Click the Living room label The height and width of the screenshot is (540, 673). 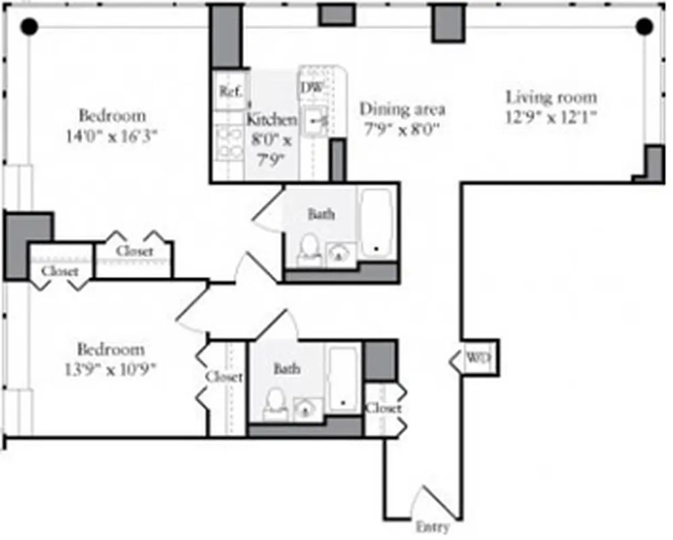pos(551,97)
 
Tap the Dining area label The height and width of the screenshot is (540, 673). pos(402,109)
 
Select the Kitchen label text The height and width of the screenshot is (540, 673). pos(271,120)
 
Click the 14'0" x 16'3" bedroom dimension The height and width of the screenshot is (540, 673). pos(112,134)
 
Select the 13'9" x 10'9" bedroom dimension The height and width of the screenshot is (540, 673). pos(111,370)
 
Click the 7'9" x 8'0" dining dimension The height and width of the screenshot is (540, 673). pos(402,128)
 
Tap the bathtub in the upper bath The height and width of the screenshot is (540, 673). pos(377,223)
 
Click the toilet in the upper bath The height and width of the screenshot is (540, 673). pos(309,248)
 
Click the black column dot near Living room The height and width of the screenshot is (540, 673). pos(644,26)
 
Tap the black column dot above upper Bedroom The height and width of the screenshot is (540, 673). pos(28,26)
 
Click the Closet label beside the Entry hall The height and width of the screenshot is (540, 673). pos(383,408)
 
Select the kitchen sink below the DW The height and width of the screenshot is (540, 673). pos(315,122)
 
